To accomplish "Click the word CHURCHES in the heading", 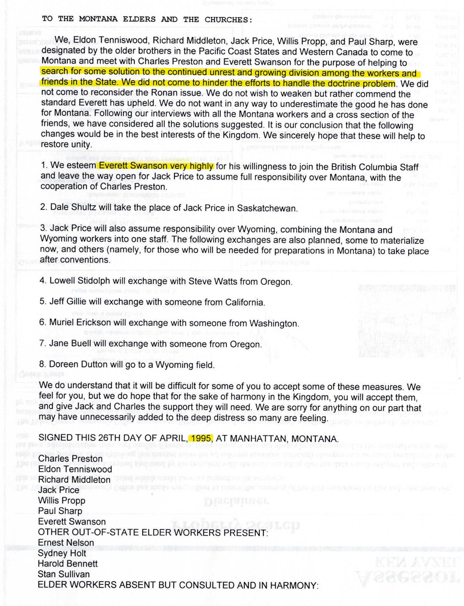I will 226,20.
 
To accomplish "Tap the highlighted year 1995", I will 201,438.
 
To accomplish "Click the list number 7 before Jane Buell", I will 42,343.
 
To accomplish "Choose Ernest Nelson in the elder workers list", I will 66,543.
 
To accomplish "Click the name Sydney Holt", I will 62,553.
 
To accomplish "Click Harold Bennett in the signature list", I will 68,563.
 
